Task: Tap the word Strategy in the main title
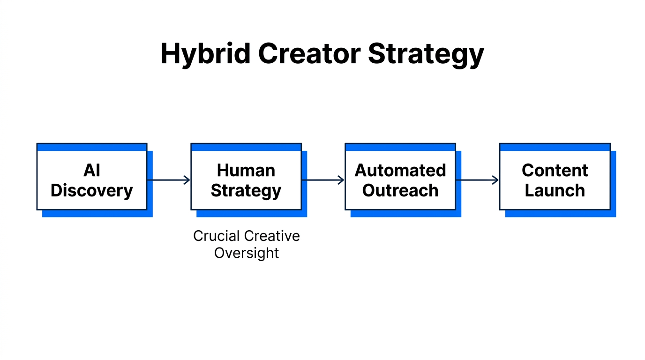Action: [x=426, y=54]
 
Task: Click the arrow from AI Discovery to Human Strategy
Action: [x=169, y=180]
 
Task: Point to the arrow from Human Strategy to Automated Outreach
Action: [x=323, y=180]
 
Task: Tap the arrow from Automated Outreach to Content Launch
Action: [x=477, y=180]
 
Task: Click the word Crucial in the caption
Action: [x=217, y=236]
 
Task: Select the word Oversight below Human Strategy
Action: [x=247, y=253]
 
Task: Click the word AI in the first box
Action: [x=92, y=171]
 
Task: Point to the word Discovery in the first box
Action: [x=92, y=191]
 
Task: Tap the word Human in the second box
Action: [x=246, y=171]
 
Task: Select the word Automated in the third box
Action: [x=400, y=171]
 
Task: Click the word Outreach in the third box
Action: [x=400, y=191]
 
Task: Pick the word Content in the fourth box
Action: [x=555, y=171]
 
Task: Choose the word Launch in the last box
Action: [x=555, y=191]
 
